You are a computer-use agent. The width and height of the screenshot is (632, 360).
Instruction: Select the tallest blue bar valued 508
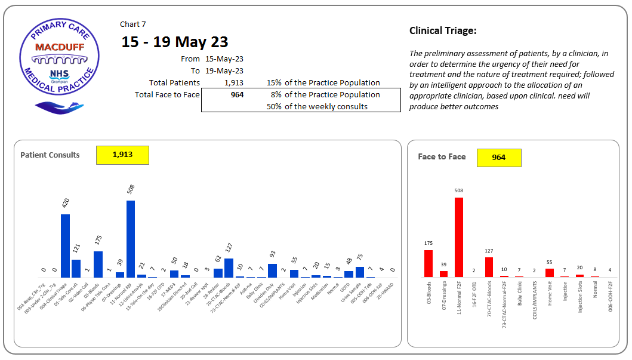click(131, 239)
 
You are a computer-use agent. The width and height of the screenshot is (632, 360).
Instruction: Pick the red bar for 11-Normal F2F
click(459, 237)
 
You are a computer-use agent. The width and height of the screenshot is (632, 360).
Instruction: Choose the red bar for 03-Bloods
click(428, 263)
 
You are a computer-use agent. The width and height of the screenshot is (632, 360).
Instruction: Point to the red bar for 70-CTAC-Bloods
click(489, 267)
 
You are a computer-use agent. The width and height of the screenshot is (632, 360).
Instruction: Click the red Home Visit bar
click(550, 273)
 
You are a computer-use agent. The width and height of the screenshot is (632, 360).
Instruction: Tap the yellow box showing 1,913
click(122, 155)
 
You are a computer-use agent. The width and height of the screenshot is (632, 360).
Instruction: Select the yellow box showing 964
click(499, 158)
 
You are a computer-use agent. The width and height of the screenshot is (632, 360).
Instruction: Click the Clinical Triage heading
click(443, 31)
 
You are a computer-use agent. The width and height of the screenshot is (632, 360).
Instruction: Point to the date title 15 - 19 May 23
click(174, 42)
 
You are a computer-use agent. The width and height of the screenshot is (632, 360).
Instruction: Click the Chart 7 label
click(133, 24)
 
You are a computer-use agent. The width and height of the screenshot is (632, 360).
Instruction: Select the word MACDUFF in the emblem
click(59, 47)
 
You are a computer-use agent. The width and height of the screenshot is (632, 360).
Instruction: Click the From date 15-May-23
click(224, 59)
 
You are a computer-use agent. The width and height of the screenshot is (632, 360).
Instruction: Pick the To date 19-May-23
click(224, 71)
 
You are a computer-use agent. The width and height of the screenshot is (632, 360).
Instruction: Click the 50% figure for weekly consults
click(274, 107)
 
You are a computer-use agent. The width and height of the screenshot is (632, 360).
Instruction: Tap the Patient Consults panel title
click(50, 155)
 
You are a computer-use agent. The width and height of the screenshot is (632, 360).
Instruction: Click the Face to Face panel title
click(442, 157)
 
